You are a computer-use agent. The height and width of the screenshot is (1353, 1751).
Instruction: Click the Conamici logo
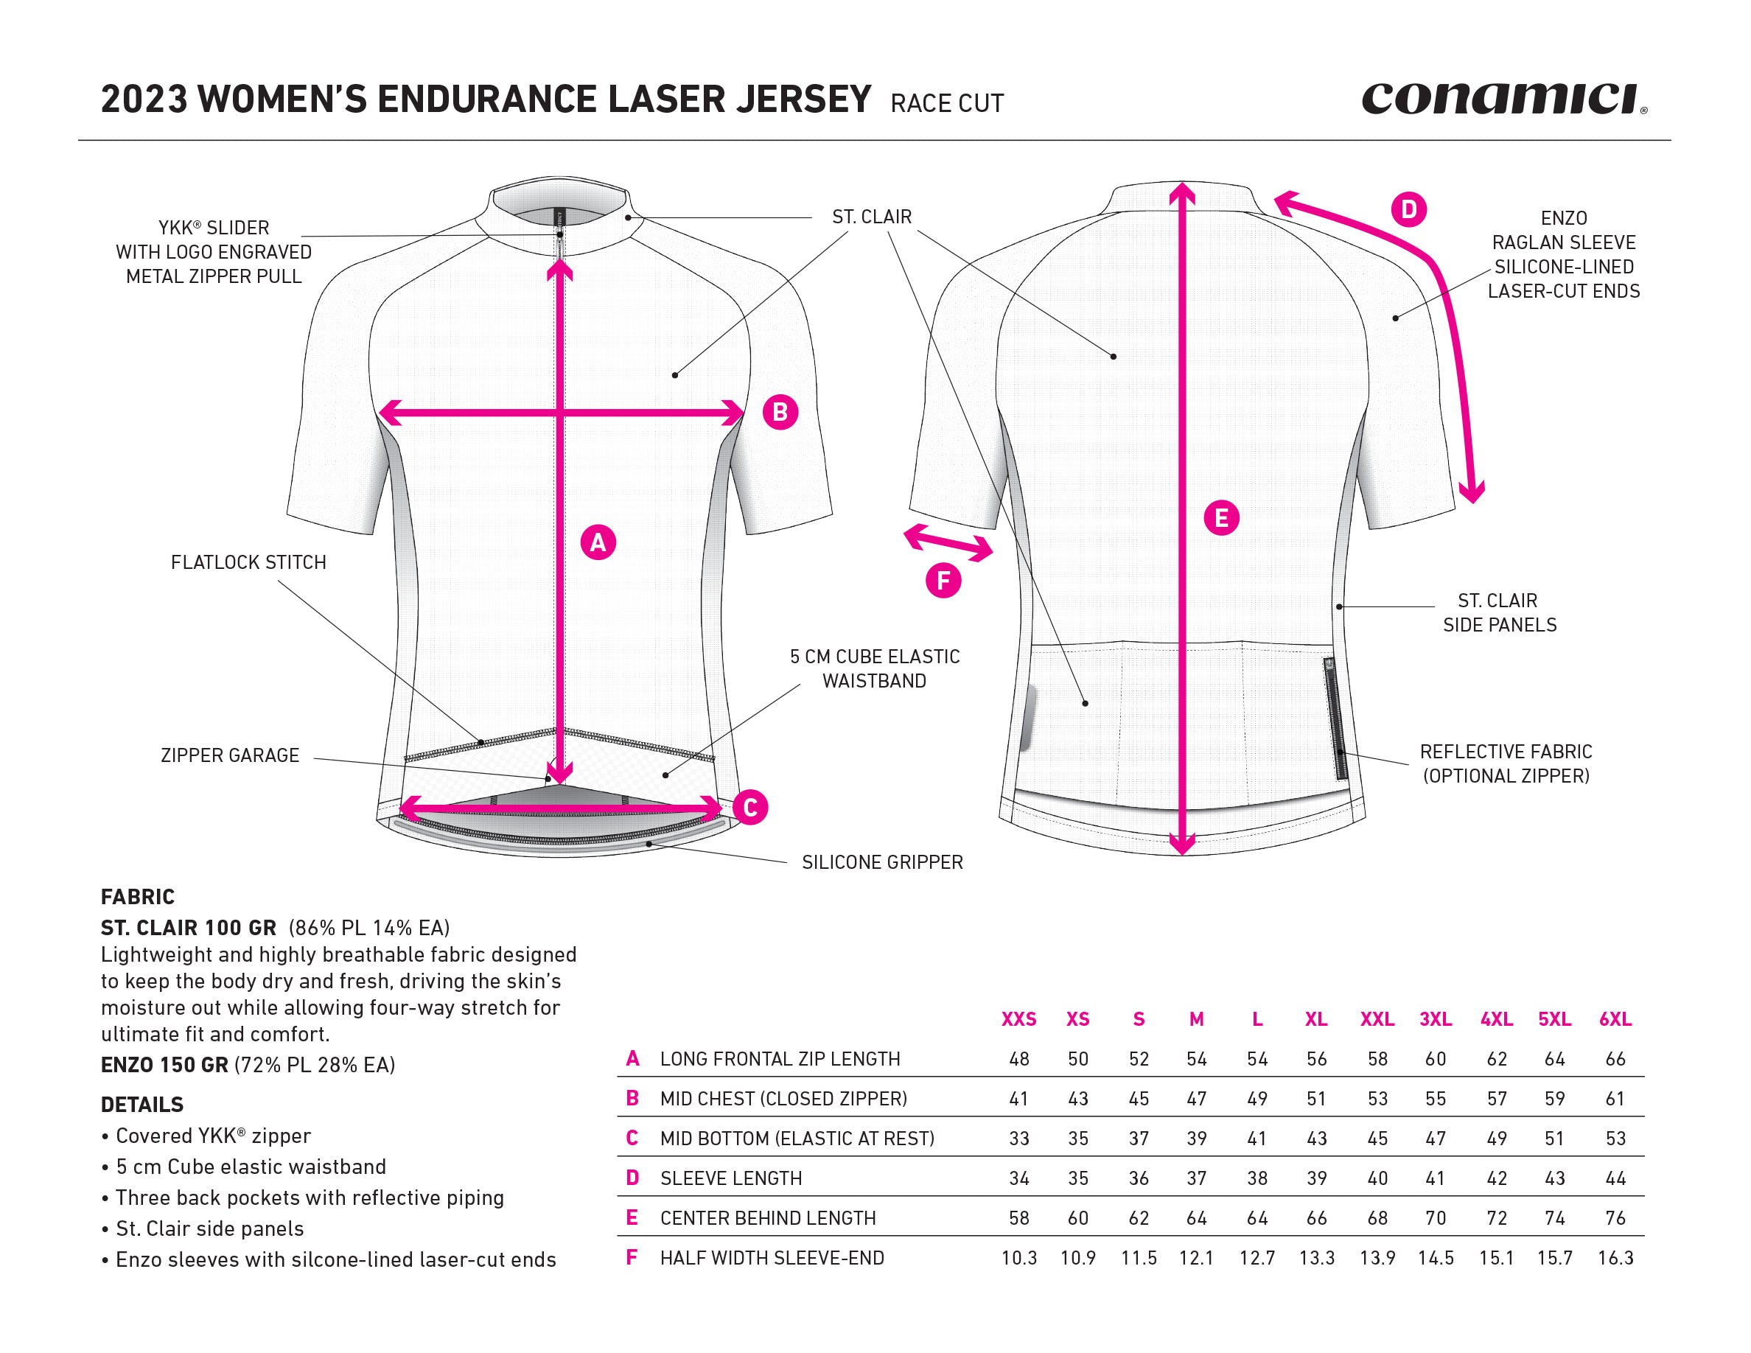(x=1503, y=99)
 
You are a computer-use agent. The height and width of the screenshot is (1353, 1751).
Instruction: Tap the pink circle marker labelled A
(x=598, y=542)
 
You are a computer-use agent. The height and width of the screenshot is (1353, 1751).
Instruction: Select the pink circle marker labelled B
(x=780, y=412)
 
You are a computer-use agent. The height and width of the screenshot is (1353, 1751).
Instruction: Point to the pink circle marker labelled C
(x=750, y=807)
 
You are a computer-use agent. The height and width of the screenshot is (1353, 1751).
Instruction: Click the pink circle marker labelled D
(x=1408, y=210)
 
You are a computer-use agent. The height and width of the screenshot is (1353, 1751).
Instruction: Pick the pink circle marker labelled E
(x=1221, y=518)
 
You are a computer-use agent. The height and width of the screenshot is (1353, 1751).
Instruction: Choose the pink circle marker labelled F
(x=943, y=580)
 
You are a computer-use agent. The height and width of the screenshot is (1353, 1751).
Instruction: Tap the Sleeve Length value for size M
(x=1196, y=1178)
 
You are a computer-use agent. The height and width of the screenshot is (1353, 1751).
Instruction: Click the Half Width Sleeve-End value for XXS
(x=1018, y=1258)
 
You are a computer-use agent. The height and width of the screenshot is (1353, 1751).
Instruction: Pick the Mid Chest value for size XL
(x=1315, y=1098)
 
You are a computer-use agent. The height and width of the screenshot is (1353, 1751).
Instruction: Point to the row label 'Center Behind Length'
(x=767, y=1218)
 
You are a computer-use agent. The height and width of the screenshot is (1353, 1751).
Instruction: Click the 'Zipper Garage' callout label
(x=229, y=755)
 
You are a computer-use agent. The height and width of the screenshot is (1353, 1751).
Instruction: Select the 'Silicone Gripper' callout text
(x=882, y=862)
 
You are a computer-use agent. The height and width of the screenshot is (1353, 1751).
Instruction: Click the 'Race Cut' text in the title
(x=947, y=103)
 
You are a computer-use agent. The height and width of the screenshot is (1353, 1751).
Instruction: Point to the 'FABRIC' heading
(x=138, y=896)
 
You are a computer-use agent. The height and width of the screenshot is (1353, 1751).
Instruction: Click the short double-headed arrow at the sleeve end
(x=948, y=542)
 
